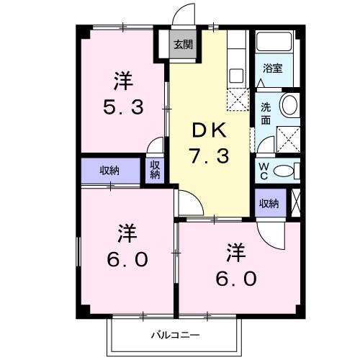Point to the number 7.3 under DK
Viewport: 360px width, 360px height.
(209, 155)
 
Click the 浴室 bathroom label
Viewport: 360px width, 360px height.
(273, 68)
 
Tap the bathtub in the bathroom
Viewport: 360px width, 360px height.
(274, 43)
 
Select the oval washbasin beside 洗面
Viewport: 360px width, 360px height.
(289, 104)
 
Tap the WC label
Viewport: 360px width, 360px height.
(265, 170)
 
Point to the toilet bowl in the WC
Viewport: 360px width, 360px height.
(285, 171)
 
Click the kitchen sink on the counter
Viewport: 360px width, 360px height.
(235, 73)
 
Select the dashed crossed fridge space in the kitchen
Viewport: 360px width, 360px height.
(237, 99)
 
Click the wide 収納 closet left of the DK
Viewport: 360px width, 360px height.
(109, 171)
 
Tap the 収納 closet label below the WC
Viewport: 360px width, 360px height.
(269, 204)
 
